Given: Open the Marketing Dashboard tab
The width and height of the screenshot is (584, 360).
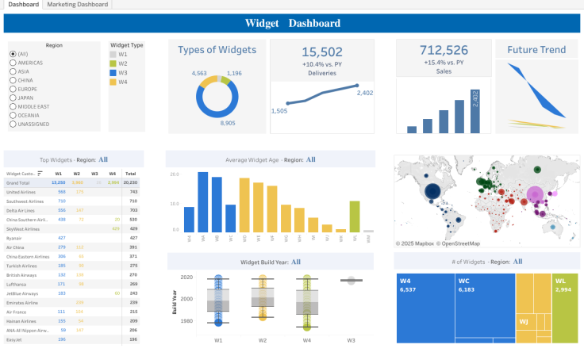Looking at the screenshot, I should coord(77,5).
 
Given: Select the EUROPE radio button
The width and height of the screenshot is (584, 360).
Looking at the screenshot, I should coord(13,89).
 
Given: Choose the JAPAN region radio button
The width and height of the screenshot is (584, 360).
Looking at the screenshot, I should coord(13,98).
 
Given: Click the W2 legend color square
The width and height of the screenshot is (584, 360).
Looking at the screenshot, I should coord(113,63).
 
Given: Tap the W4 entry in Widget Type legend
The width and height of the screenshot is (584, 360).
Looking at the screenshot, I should coord(123,82).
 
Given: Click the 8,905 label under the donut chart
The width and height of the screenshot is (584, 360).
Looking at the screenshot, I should coord(227,123).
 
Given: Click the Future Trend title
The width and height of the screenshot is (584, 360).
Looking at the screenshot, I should coord(536,50).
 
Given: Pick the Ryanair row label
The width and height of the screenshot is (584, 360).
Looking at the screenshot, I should coord(13,237).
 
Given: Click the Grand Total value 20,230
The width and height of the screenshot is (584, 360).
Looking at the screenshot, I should coord(131,182).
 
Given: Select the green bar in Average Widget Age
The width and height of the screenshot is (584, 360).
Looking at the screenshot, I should coord(355,216).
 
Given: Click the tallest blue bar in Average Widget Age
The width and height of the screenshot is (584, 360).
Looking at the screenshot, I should coord(203,201).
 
